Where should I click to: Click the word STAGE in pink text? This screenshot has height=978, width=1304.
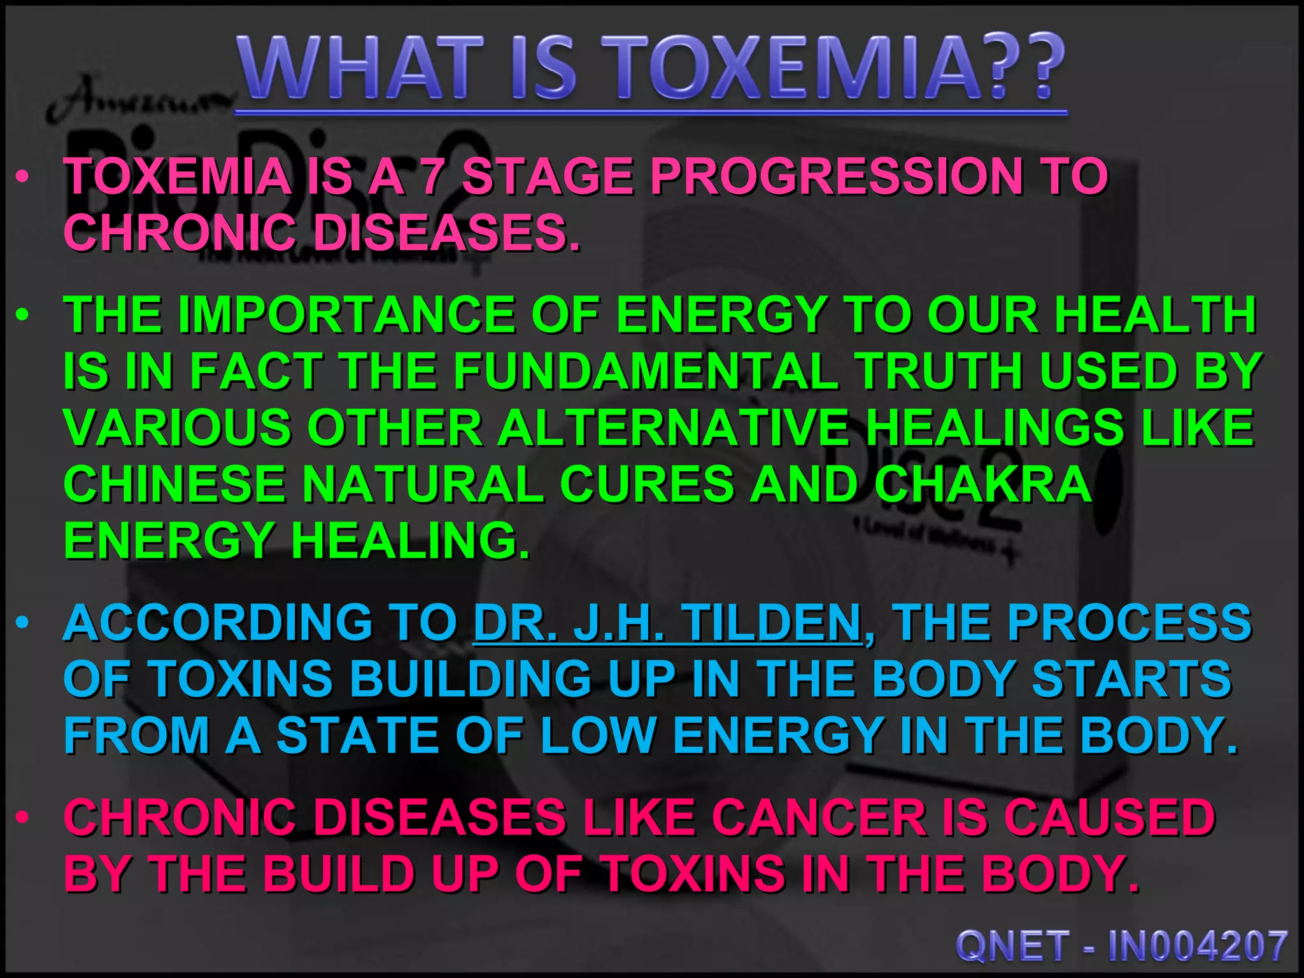pyautogui.click(x=548, y=176)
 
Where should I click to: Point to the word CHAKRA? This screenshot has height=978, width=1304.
pyautogui.click(x=983, y=484)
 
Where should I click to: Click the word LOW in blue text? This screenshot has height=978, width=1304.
pyautogui.click(x=599, y=735)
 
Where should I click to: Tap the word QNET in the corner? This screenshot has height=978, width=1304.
pyautogui.click(x=1012, y=946)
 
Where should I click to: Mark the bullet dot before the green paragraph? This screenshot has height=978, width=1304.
pyautogui.click(x=23, y=316)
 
